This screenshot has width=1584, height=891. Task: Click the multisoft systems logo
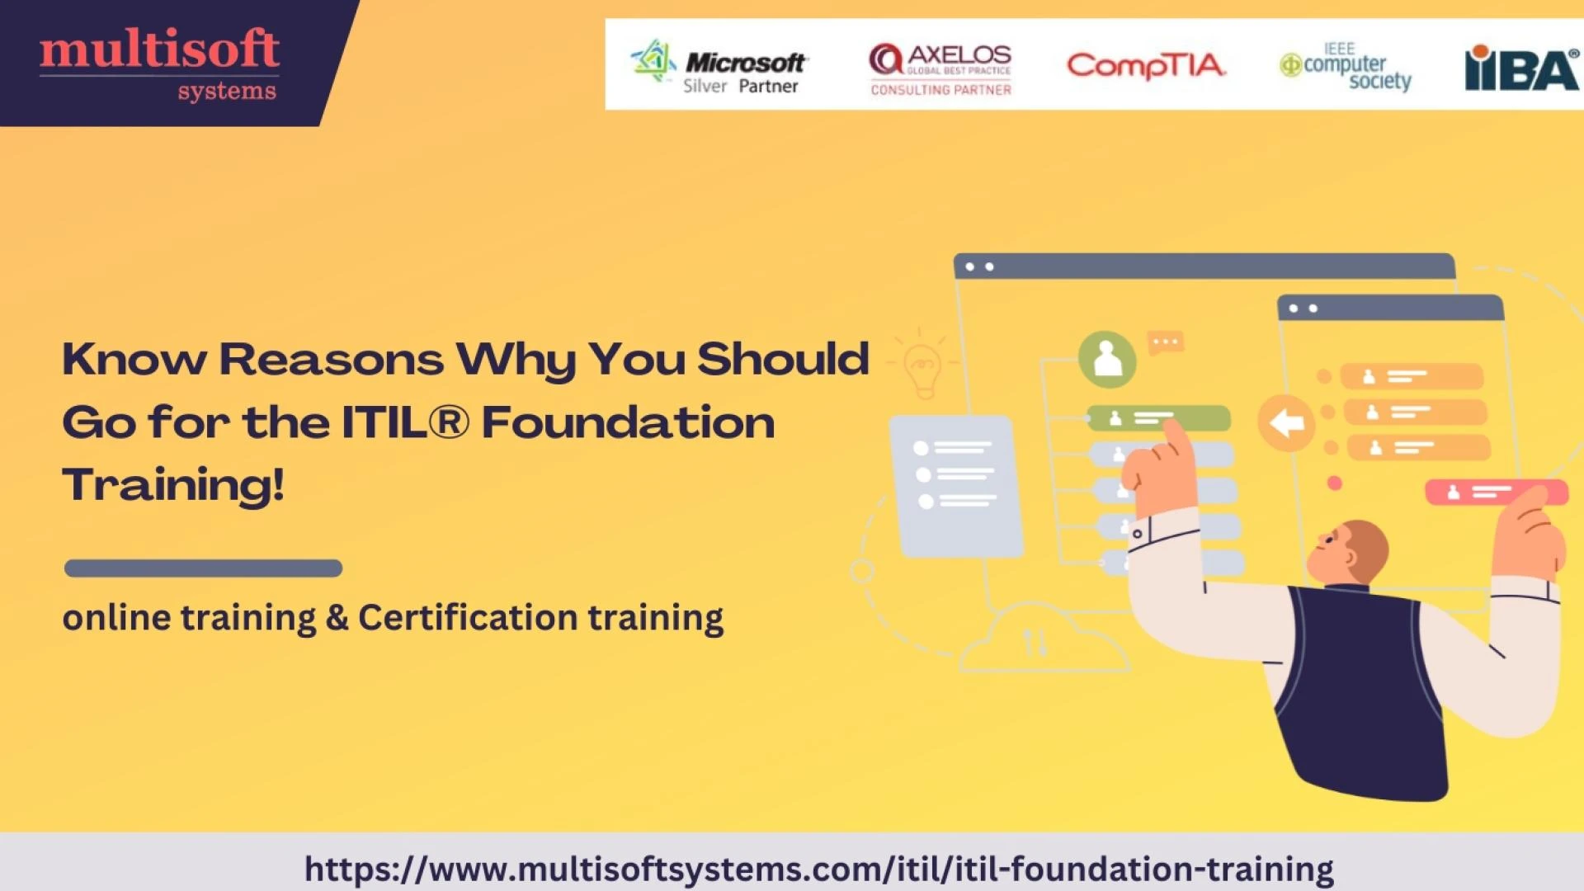click(x=159, y=64)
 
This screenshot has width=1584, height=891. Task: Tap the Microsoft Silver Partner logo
click(x=719, y=66)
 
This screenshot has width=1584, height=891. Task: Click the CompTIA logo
click(x=1146, y=65)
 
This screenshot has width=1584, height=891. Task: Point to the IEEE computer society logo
click(x=1346, y=66)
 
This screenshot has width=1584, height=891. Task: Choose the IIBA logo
click(x=1520, y=68)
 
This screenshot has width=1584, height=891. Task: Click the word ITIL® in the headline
click(x=405, y=422)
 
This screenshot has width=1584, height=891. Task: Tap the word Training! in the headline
click(x=173, y=484)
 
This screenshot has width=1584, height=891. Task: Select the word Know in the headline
click(x=134, y=360)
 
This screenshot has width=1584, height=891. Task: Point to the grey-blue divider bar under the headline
click(x=203, y=568)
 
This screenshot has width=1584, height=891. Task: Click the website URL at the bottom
click(x=818, y=869)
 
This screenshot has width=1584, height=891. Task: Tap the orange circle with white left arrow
click(x=1285, y=422)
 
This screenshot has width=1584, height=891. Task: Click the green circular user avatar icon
click(x=1107, y=360)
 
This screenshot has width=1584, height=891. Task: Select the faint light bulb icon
click(x=922, y=367)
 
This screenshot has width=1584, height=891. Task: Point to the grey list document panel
click(x=957, y=485)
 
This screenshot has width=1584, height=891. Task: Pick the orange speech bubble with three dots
click(x=1166, y=342)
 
